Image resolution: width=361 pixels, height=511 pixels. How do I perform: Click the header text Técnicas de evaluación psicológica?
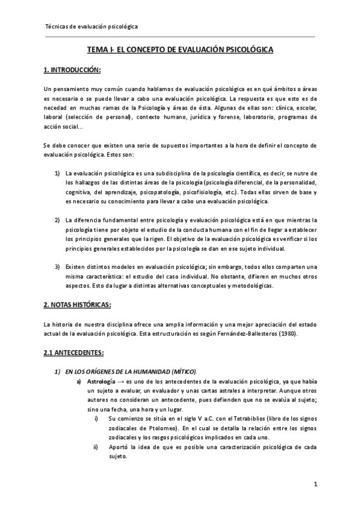point(91,27)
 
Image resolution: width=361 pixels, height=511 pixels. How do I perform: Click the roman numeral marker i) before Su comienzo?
point(95,418)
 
